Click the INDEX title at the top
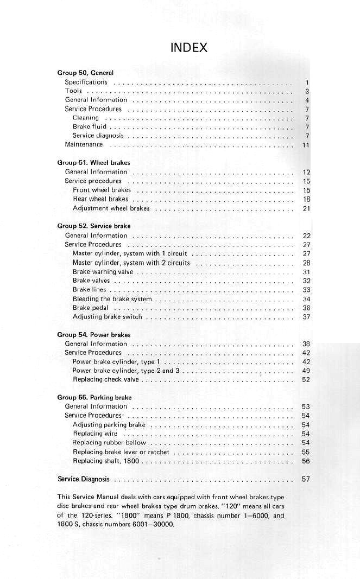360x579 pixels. click(189, 48)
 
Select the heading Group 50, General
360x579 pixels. click(85, 73)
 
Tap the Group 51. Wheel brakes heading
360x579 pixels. click(93, 163)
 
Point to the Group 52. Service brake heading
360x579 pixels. click(94, 226)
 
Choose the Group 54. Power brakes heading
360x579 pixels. click(94, 335)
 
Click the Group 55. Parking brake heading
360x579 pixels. click(94, 398)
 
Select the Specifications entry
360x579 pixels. click(86, 82)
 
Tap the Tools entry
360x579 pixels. click(73, 91)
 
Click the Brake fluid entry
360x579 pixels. click(90, 127)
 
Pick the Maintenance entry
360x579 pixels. click(84, 145)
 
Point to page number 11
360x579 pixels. click(306, 145)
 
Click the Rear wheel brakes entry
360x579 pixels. click(100, 199)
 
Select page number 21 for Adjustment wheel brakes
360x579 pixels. click(306, 208)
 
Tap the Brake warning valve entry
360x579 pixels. click(103, 272)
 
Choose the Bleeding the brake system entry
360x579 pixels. click(112, 299)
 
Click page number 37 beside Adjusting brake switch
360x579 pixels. click(306, 317)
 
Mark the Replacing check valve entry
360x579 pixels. click(106, 380)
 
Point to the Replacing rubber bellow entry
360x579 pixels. click(109, 443)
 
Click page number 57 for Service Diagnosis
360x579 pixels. click(306, 479)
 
